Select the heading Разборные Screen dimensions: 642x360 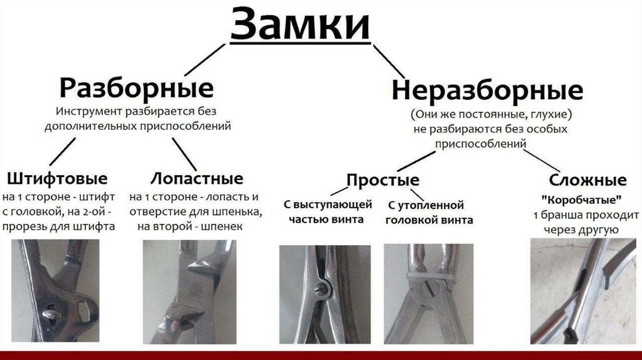point(136,88)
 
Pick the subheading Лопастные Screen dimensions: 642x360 point(197,178)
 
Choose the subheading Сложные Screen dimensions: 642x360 point(587,180)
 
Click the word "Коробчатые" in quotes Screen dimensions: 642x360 point(581,199)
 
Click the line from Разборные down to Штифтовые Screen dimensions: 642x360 point(63,151)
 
